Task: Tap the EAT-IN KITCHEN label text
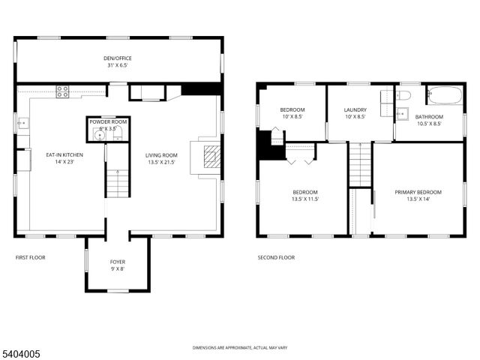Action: point(64,155)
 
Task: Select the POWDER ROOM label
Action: point(108,121)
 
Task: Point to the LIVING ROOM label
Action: point(161,155)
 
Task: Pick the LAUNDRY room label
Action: point(355,110)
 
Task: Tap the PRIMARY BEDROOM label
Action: point(418,192)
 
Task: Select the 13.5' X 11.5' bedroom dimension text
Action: point(305,199)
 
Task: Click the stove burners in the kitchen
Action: point(64,92)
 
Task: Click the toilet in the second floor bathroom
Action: point(402,94)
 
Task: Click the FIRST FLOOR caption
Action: point(31,257)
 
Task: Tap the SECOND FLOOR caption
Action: point(276,257)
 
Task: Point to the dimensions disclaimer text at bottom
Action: point(239,348)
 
